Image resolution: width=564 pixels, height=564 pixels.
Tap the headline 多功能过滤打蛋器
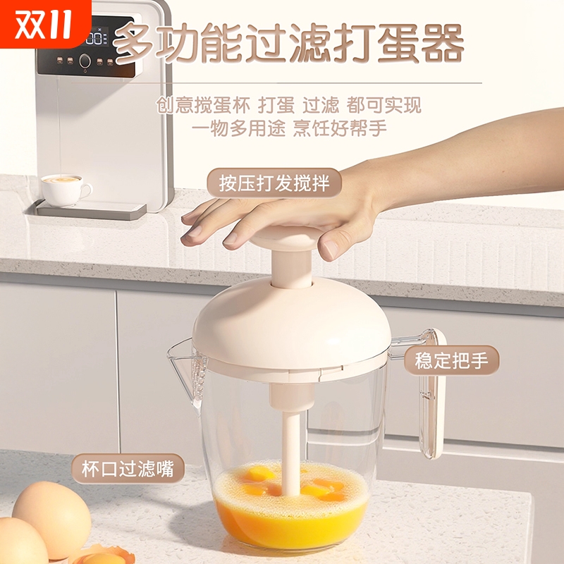point(289,44)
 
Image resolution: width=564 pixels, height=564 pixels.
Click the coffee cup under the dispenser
point(63,188)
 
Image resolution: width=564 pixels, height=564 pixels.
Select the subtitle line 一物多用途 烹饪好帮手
point(289,129)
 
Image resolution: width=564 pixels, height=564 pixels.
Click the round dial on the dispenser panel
point(85,61)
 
